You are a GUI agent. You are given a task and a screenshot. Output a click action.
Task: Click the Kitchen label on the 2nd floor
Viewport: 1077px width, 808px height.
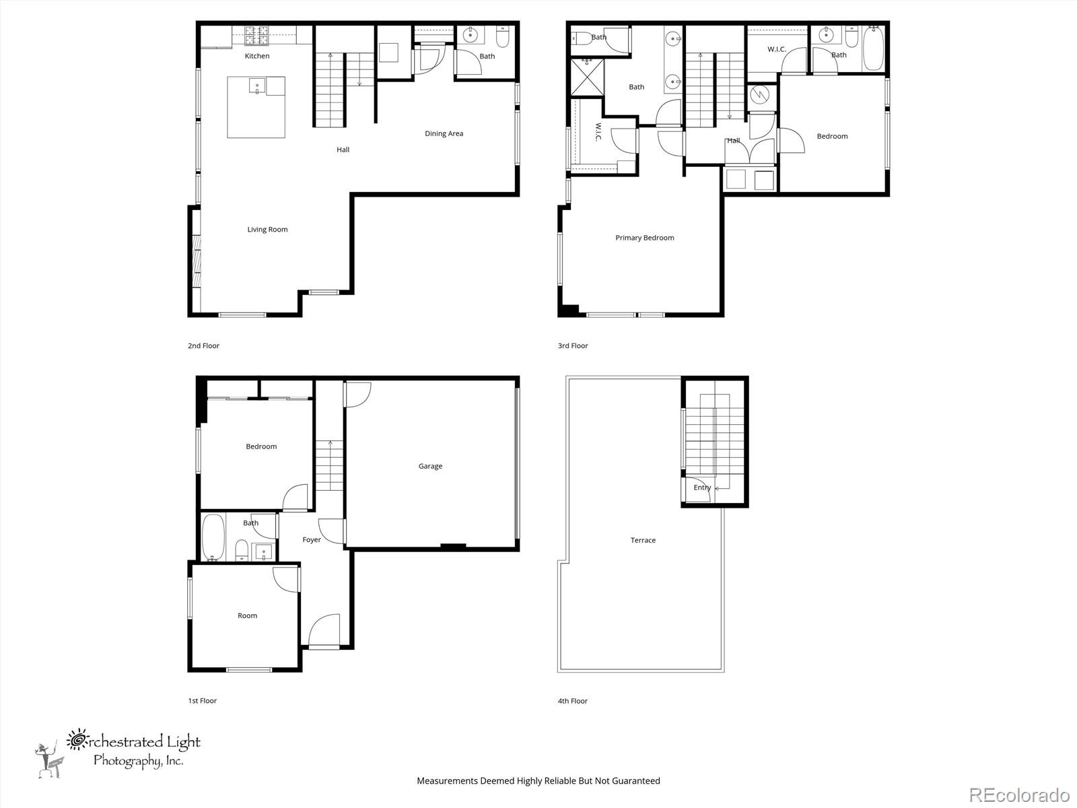(x=256, y=56)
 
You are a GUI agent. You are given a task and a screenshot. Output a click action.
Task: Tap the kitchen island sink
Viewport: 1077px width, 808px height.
(x=257, y=86)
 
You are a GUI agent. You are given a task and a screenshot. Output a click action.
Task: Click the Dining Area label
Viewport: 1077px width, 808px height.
(x=444, y=133)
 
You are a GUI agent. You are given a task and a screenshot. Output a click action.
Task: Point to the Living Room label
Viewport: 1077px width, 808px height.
(x=267, y=230)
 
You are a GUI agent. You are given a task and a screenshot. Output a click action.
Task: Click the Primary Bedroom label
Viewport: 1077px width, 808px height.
(x=644, y=238)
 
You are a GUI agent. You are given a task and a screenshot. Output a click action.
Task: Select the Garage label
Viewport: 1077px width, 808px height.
(x=430, y=466)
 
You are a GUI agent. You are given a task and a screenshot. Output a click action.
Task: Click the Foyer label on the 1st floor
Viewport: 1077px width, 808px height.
(x=312, y=539)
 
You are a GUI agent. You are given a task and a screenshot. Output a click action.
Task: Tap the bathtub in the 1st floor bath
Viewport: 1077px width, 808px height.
(x=213, y=537)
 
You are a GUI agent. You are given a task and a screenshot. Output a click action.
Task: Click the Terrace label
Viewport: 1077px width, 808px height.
(x=643, y=540)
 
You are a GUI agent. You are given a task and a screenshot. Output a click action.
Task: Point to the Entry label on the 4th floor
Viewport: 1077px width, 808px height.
(x=701, y=487)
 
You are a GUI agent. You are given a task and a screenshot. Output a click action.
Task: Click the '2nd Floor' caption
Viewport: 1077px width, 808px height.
(x=203, y=345)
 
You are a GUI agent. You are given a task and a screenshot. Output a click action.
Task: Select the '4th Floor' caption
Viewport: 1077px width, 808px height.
(x=572, y=701)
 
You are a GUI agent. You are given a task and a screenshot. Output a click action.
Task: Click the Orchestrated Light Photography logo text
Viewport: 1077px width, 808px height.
(x=135, y=750)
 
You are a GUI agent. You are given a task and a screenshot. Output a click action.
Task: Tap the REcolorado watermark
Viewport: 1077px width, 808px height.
(x=1019, y=795)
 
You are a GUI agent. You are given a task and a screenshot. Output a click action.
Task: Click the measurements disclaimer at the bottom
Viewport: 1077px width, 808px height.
(x=538, y=781)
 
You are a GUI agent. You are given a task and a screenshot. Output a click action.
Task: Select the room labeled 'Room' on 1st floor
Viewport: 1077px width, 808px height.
(x=247, y=615)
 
